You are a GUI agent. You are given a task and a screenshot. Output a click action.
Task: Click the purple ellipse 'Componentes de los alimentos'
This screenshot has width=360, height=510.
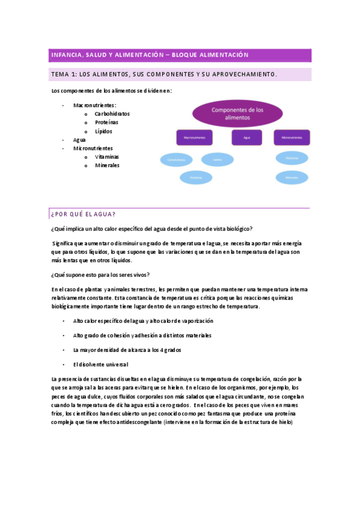(x=237, y=114)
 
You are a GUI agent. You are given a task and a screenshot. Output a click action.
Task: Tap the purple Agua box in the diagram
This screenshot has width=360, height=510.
(x=246, y=138)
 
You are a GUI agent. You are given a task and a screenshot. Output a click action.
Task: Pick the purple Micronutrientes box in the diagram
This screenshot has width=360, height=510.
(x=292, y=138)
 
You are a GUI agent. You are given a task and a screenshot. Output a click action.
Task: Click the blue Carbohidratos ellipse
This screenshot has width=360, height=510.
(x=176, y=160)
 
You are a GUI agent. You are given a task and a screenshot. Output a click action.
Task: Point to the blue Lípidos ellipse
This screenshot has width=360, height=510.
(x=217, y=159)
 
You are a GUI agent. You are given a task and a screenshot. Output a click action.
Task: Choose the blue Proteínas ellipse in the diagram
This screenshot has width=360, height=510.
(x=196, y=177)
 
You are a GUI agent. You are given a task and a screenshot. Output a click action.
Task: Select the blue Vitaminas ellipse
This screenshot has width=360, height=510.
(x=292, y=158)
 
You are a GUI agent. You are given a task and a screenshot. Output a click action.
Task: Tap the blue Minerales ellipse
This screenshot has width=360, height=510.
(x=292, y=178)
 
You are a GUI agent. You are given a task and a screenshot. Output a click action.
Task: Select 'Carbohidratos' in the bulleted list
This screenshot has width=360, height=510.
(x=112, y=114)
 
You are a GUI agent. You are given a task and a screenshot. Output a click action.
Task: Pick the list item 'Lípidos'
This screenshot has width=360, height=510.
(x=103, y=131)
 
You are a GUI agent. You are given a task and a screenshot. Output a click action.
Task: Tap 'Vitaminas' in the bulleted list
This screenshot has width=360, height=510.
(x=106, y=156)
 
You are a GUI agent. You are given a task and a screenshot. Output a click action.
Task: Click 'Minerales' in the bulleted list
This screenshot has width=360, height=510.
(x=107, y=165)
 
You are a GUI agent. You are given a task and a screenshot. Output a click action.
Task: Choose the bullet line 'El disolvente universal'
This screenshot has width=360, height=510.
(x=100, y=364)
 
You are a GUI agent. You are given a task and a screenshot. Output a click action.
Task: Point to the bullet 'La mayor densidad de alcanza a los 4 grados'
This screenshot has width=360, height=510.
(x=127, y=350)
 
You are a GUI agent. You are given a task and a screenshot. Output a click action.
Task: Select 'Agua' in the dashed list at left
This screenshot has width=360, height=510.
(x=79, y=140)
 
